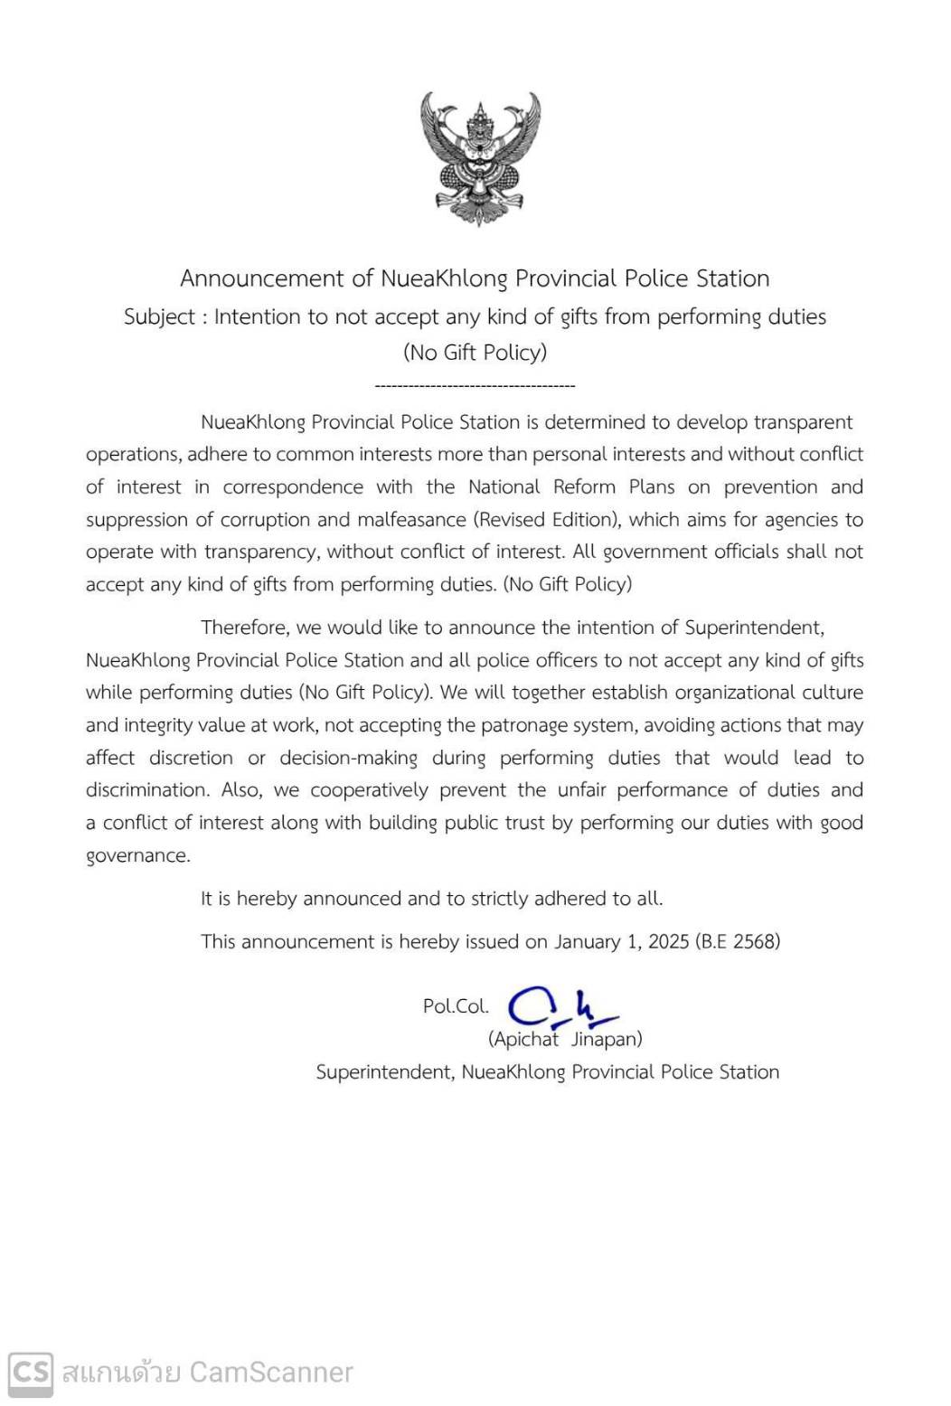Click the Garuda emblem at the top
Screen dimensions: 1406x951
click(479, 157)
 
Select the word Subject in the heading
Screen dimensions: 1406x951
click(159, 317)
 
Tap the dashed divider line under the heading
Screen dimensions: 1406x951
click(475, 386)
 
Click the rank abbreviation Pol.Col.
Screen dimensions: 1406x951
click(456, 1006)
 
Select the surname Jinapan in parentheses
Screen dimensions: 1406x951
click(607, 1039)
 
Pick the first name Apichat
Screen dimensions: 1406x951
click(524, 1039)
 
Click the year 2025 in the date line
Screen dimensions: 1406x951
click(668, 941)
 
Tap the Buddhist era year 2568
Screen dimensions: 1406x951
click(754, 941)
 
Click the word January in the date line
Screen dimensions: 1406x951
click(587, 941)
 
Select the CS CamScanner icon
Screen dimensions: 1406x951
click(31, 1373)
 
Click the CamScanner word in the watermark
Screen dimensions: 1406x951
click(271, 1373)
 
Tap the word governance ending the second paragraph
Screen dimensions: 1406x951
click(137, 856)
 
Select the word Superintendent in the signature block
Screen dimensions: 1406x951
click(384, 1072)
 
